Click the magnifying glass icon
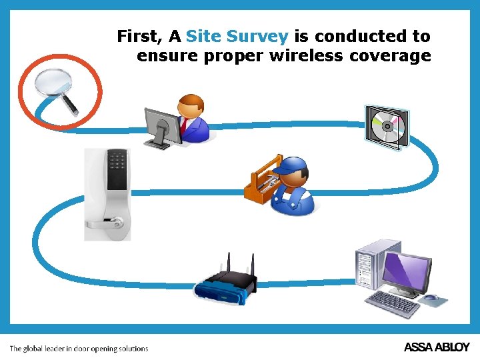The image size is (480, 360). coord(53,85)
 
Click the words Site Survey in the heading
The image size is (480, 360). coord(237,36)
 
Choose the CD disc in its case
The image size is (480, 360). coord(385,127)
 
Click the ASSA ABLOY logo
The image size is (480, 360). coord(437,347)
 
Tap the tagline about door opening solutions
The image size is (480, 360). coord(79,348)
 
